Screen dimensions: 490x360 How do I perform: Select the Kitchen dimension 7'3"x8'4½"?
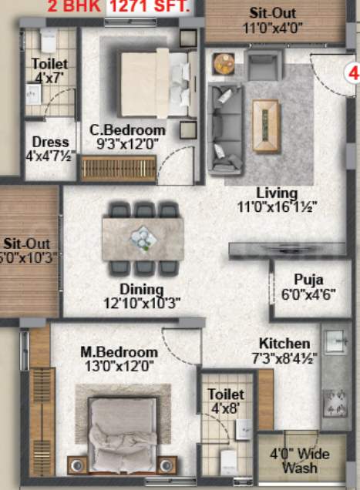click(284, 357)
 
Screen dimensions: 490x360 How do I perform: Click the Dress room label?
click(50, 143)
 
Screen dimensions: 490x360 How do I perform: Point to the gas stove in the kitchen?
click(336, 401)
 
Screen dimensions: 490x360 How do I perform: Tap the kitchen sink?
click(336, 346)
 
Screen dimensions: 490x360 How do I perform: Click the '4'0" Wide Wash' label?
click(300, 461)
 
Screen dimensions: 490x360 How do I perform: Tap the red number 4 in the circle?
click(354, 75)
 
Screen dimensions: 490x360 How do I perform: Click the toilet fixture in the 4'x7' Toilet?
click(48, 40)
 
